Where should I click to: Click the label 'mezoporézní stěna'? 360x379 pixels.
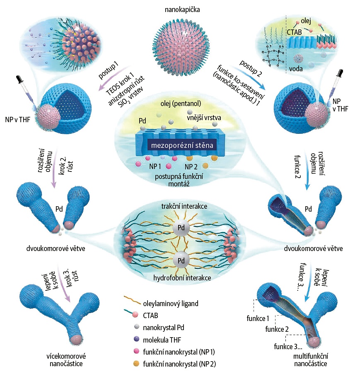179,145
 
